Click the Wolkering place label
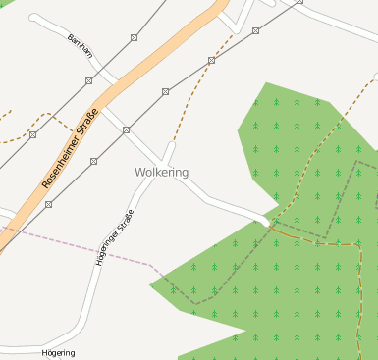tap(162, 173)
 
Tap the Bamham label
tap(80, 46)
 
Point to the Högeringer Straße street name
tap(114, 238)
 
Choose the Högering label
tap(58, 352)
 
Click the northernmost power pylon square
tap(298, 2)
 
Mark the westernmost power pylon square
tap(32, 134)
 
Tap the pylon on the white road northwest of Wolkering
tap(126, 129)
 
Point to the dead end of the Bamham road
tap(34, 18)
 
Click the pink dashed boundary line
tap(79, 248)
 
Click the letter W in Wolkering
tap(140, 173)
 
